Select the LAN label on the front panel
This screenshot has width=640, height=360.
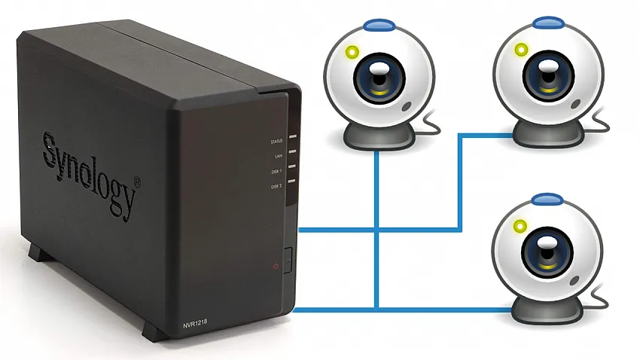[278, 156]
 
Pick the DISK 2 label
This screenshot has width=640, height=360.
[276, 186]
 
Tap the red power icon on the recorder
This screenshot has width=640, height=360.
[276, 266]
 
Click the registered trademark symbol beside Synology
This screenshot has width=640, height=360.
[136, 182]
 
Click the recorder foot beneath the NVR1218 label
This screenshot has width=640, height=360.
[151, 331]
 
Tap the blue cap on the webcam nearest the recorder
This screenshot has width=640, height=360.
[379, 25]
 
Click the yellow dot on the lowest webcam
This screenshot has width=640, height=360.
[520, 226]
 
